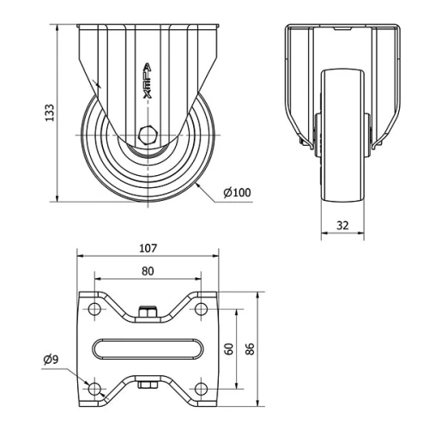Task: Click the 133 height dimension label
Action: tap(50, 112)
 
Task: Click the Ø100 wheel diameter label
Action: tap(237, 191)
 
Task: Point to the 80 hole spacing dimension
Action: tap(147, 271)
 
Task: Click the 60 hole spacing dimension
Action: tap(228, 348)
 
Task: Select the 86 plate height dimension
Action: tap(250, 348)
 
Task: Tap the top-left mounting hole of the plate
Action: tap(94, 307)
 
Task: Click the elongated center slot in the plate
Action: tap(147, 348)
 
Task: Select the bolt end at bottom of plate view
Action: tap(148, 384)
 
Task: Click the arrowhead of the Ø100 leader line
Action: tap(197, 183)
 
